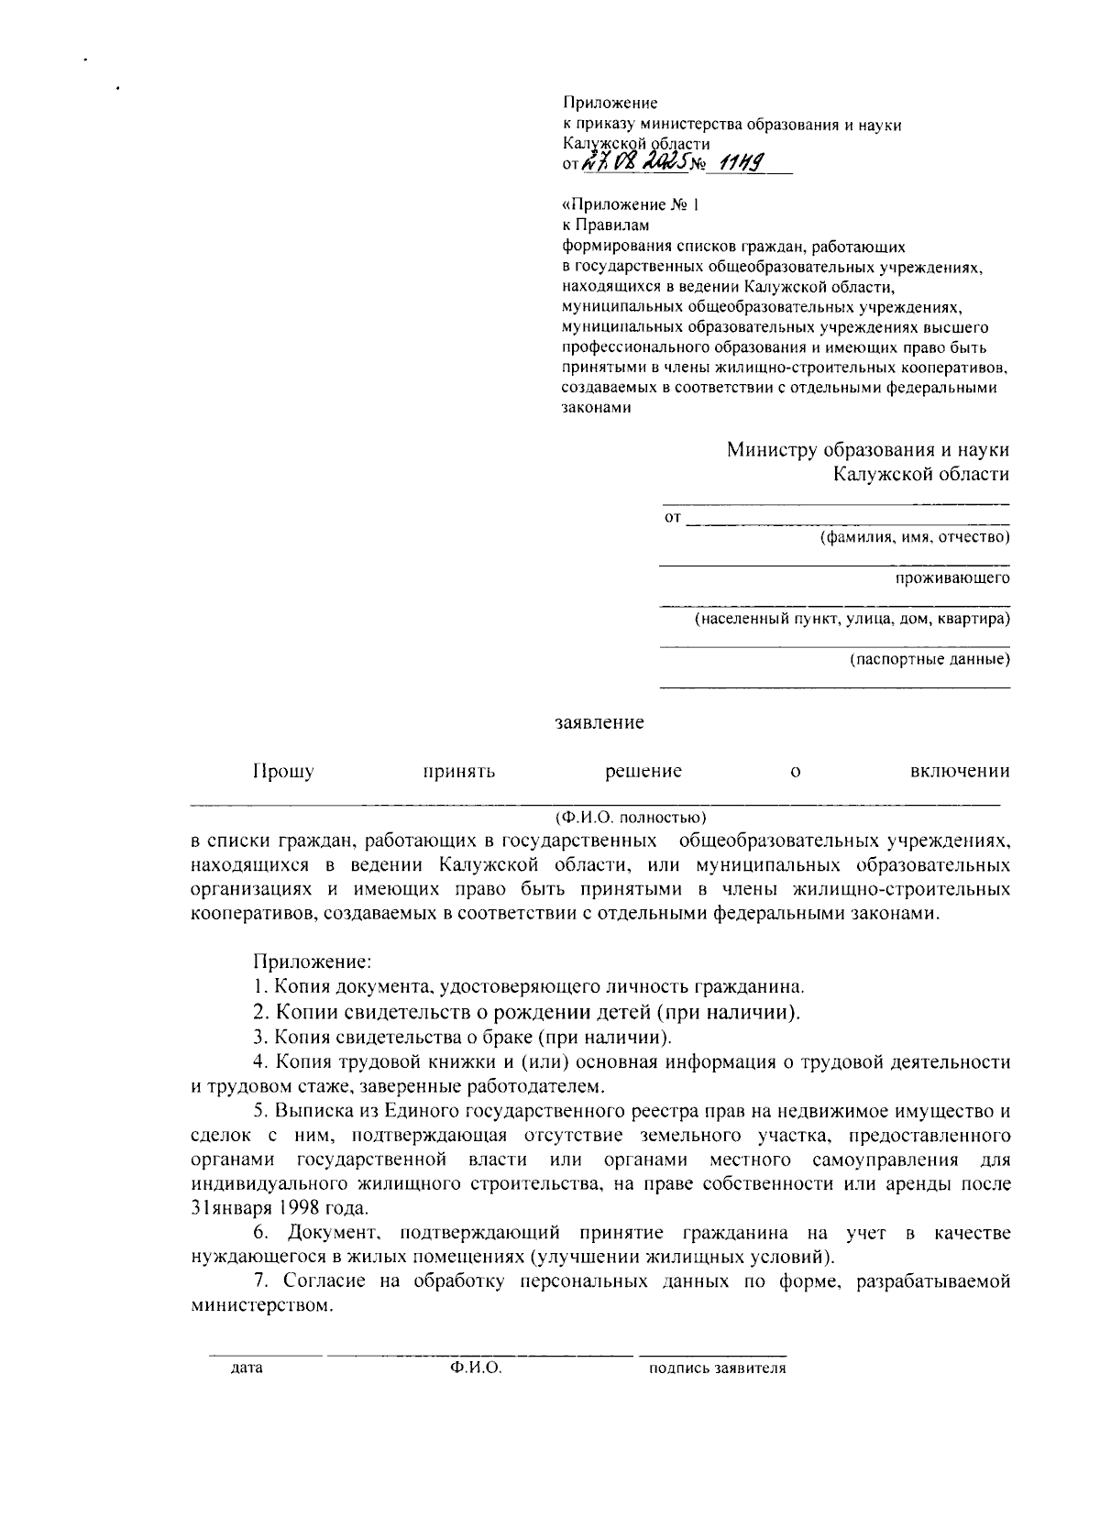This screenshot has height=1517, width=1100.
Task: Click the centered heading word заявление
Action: (x=599, y=723)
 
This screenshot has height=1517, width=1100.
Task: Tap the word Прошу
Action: (x=283, y=771)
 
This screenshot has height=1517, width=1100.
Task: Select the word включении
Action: (x=959, y=771)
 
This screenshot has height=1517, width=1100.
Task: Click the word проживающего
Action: (x=952, y=578)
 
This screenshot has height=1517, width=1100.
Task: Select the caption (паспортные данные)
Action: (x=929, y=659)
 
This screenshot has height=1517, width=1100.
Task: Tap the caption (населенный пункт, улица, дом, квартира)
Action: (x=852, y=620)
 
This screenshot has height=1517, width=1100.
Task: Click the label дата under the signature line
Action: (x=247, y=1369)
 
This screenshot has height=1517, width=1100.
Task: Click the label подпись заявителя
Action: (x=717, y=1369)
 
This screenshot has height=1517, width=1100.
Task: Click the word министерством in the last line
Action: (x=258, y=1305)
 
